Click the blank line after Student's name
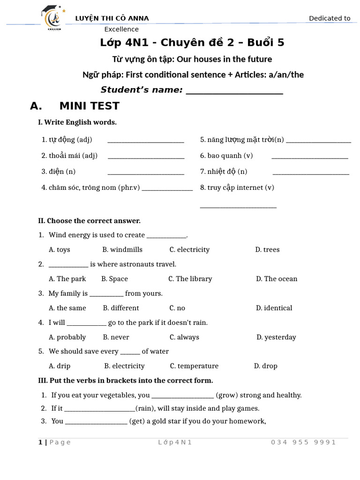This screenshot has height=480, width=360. coord(234,91)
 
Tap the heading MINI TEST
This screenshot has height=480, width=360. coord(89,106)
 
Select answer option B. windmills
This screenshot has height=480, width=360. coord(122,249)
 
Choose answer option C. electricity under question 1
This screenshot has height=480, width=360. coord(189,249)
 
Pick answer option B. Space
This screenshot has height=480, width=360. coord(114,278)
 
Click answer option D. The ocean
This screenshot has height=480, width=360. coord(277,278)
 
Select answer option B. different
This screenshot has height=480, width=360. coord(121,308)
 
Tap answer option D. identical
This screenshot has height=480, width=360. coord(274,308)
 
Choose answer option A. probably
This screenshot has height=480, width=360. coord(67,337)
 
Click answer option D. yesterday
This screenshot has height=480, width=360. coord(276,337)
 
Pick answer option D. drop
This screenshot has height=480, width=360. coord(266,366)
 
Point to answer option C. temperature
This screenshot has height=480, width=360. coord(194,366)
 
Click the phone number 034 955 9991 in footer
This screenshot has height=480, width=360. coord(303,442)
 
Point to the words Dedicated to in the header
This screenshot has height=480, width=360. coord(330,18)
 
